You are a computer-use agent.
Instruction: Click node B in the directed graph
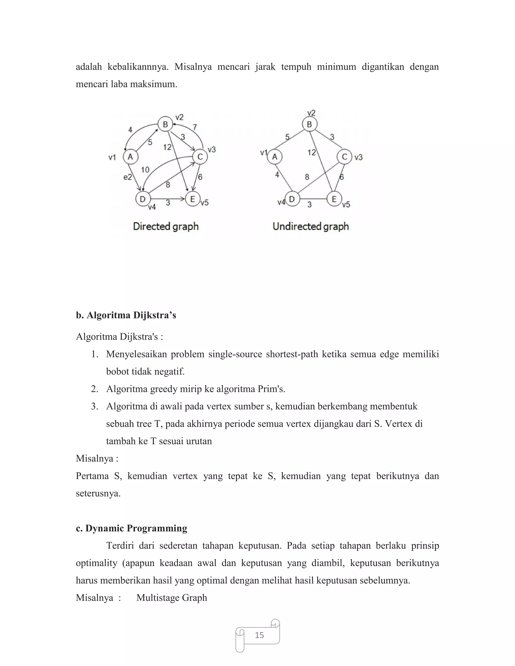click(x=165, y=124)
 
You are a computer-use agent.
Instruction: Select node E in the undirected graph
click(x=334, y=199)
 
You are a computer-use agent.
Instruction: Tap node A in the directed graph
click(x=130, y=157)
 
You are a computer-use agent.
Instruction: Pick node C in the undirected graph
click(x=345, y=157)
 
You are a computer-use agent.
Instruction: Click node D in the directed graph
click(x=143, y=199)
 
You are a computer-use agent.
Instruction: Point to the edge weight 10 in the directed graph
click(x=145, y=170)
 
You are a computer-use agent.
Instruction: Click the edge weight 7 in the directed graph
click(x=195, y=127)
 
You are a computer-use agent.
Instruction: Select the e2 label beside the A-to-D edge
click(x=127, y=177)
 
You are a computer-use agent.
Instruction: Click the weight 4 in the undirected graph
click(x=277, y=175)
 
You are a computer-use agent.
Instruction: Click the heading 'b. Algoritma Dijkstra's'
click(x=126, y=315)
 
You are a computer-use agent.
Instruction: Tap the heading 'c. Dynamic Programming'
click(x=132, y=528)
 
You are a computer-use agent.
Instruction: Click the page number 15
click(x=259, y=635)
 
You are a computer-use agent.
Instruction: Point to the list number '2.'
click(x=95, y=389)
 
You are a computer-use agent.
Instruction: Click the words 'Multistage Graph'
click(x=172, y=598)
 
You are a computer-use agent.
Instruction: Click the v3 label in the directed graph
click(x=212, y=150)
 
